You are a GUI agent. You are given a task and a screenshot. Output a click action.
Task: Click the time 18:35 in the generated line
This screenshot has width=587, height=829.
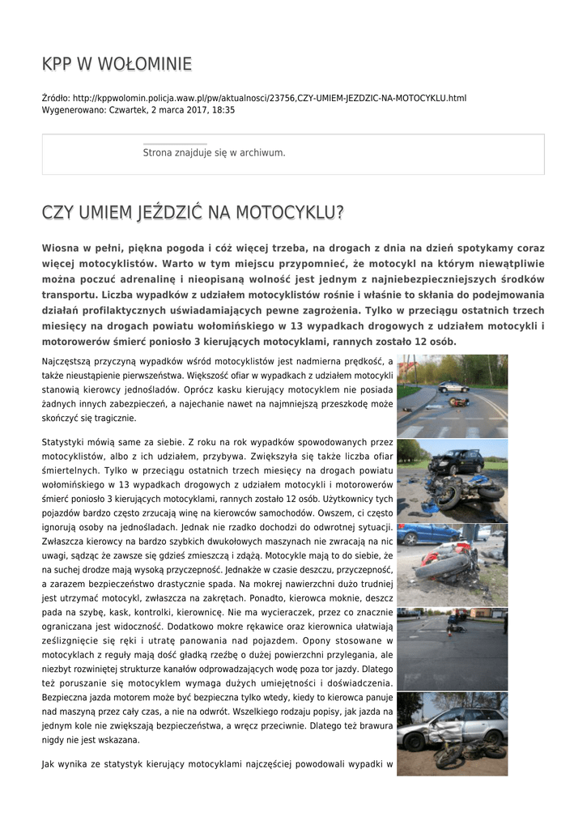(223, 109)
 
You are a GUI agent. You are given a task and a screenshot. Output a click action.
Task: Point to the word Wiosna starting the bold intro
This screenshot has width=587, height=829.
(62, 248)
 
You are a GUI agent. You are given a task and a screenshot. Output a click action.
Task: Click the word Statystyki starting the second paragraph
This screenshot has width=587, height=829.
(65, 443)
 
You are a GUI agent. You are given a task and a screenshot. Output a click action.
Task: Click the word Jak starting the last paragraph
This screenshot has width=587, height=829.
(49, 763)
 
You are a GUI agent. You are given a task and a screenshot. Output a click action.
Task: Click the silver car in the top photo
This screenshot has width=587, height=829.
(453, 386)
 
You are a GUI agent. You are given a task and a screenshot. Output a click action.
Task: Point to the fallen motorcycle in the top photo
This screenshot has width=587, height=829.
(458, 402)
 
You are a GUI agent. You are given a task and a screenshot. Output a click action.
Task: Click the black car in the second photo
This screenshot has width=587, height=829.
(456, 462)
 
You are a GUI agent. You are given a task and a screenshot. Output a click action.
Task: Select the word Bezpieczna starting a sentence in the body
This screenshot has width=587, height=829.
(69, 697)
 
